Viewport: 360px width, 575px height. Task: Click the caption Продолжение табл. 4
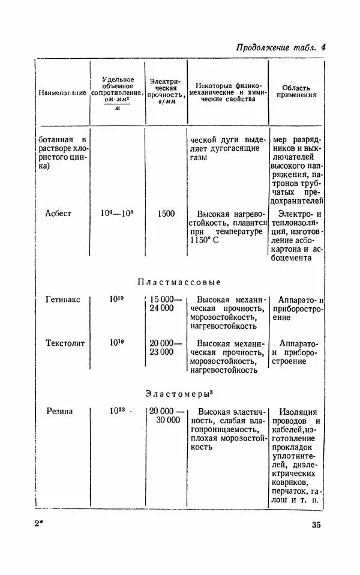click(x=280, y=48)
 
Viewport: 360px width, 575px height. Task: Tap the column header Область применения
click(x=297, y=91)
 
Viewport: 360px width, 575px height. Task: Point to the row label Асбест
click(x=58, y=213)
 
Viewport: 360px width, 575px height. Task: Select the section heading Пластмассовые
click(x=179, y=281)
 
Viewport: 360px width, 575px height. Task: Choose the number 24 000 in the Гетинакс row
click(x=162, y=308)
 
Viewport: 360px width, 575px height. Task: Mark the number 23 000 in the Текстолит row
click(x=162, y=352)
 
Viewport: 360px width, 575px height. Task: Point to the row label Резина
click(x=59, y=412)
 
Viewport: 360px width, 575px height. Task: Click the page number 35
click(x=316, y=525)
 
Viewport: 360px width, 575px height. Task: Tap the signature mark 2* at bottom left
click(x=38, y=525)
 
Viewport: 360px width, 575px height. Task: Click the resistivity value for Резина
click(x=116, y=411)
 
